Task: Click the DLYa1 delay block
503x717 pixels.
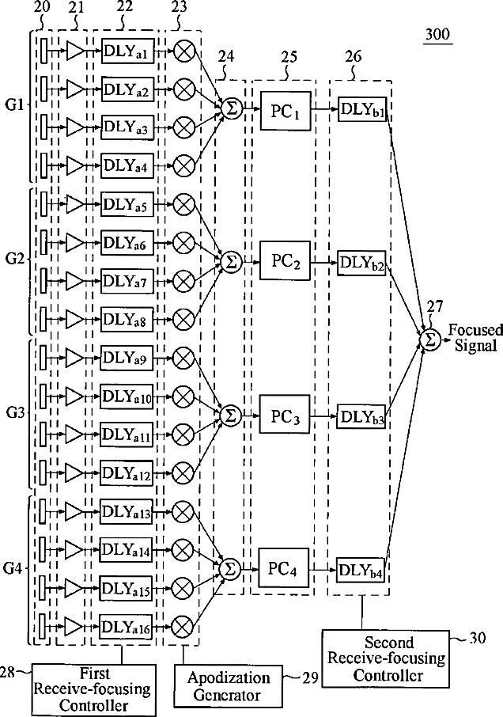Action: click(x=126, y=51)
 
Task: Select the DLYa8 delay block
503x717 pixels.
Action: click(x=126, y=319)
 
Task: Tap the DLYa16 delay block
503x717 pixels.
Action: click(x=126, y=627)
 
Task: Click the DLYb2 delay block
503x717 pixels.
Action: click(x=361, y=262)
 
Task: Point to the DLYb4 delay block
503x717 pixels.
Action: click(x=361, y=570)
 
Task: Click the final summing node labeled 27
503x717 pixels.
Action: click(x=430, y=339)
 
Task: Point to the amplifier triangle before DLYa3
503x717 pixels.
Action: click(x=75, y=127)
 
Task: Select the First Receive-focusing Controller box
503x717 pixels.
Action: click(x=81, y=687)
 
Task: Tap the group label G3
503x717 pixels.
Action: click(x=16, y=414)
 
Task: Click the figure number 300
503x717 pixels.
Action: click(x=436, y=36)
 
